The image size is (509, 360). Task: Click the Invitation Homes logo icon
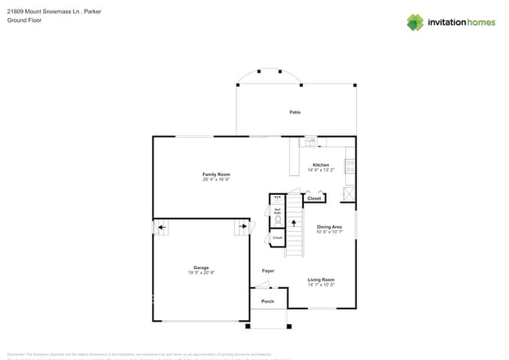pos(414,22)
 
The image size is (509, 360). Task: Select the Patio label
pos(295,113)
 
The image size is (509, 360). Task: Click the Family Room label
pos(216,174)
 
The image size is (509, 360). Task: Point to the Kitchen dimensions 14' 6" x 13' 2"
pos(321,170)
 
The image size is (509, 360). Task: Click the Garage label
pos(201,268)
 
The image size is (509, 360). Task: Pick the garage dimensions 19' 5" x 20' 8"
pos(201,272)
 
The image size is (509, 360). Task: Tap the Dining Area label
pos(329,227)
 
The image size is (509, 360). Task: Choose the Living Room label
pos(321,279)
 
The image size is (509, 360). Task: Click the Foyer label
pos(268,271)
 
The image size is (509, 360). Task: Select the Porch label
pos(268,301)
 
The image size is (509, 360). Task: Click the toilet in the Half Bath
pos(277,221)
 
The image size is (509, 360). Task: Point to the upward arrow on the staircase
pos(294,224)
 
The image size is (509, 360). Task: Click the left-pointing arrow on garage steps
pos(161,229)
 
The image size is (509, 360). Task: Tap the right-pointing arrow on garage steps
pos(241,229)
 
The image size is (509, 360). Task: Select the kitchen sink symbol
pos(310,142)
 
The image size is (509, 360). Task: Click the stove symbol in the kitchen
pos(349,166)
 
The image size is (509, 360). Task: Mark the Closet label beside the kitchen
pos(314,199)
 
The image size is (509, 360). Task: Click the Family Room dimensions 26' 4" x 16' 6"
pos(216,179)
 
